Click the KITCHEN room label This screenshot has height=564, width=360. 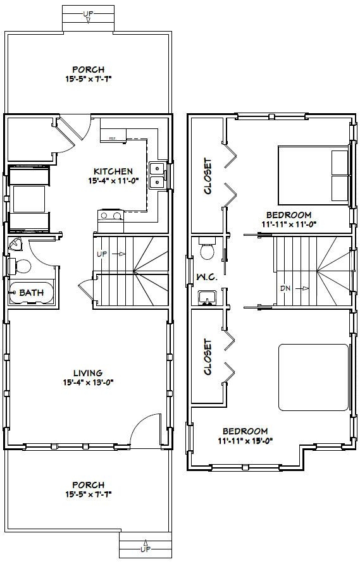[x=113, y=171]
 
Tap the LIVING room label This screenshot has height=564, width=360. [x=87, y=372]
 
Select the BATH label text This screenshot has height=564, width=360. [x=31, y=292]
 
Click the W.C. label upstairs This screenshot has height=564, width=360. [x=207, y=276]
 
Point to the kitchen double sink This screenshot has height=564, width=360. [x=156, y=175]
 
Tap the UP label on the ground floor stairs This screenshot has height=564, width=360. [x=101, y=254]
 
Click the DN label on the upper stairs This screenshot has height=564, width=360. [x=285, y=288]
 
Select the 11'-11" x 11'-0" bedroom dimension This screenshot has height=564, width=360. [x=288, y=223]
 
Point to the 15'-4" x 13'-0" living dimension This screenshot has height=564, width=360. [x=87, y=382]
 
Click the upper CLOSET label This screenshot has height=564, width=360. [x=208, y=176]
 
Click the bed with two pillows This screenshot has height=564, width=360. [x=314, y=175]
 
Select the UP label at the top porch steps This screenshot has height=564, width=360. [x=88, y=13]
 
